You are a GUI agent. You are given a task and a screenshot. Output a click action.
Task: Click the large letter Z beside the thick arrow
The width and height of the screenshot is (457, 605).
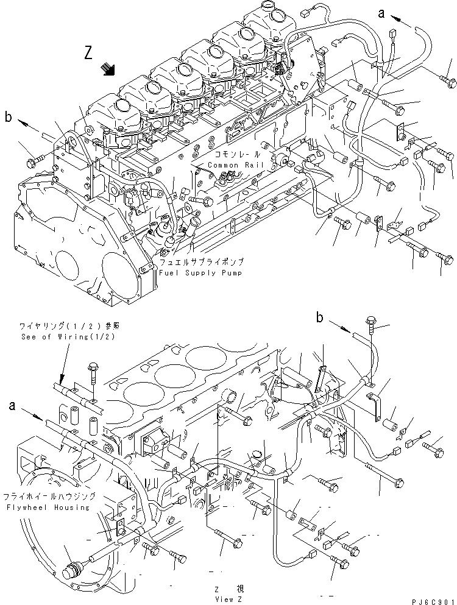click(x=90, y=54)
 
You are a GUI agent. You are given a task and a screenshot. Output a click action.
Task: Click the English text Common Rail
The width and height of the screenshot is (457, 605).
click(x=231, y=165)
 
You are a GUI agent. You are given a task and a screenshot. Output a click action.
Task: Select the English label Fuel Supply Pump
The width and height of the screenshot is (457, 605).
click(x=200, y=272)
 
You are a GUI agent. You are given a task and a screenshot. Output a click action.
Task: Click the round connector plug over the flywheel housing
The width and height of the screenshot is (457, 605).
click(x=72, y=571)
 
